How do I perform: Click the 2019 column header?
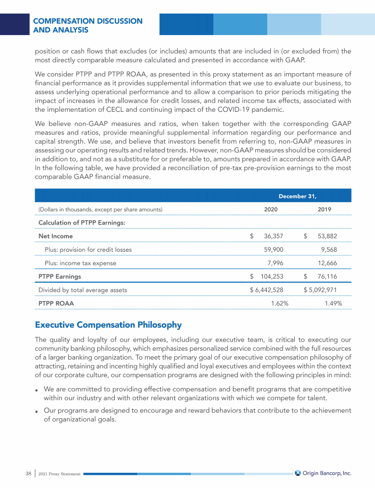coord(324,209)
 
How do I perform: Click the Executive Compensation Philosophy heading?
coord(108,325)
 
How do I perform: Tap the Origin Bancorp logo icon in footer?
coord(298,473)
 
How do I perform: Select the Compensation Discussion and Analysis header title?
coord(88,25)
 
